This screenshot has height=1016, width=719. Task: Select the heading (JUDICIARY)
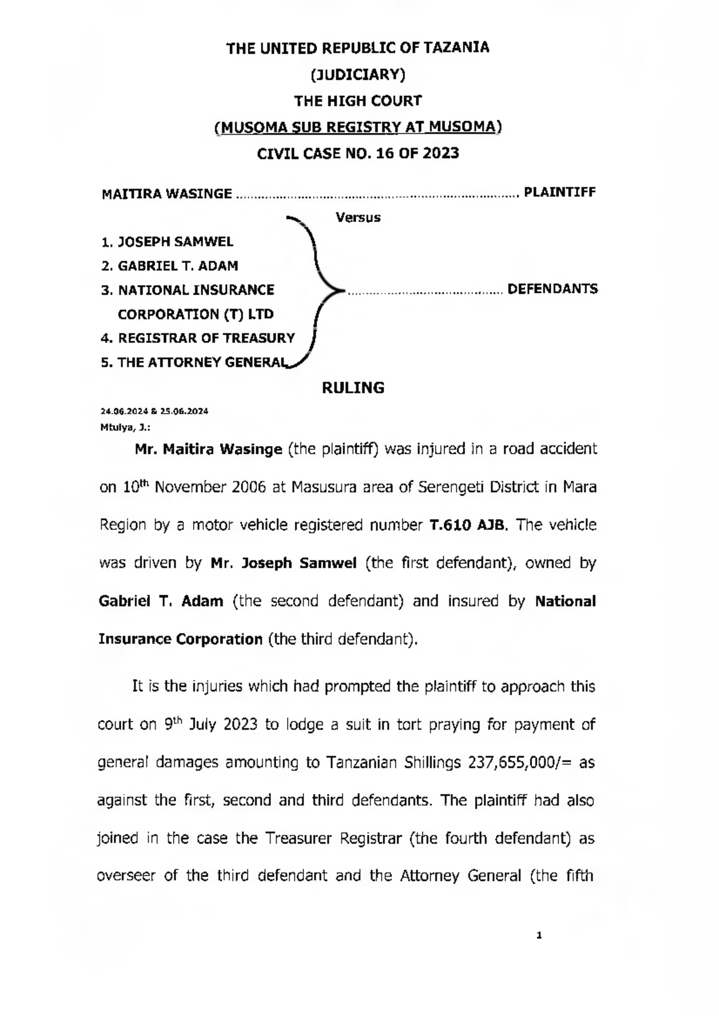(x=358, y=74)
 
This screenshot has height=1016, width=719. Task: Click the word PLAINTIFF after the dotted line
(x=560, y=193)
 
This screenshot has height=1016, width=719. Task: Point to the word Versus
(x=358, y=217)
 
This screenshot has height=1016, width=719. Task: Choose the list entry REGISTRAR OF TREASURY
(x=206, y=338)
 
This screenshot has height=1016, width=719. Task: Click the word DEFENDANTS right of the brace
(x=552, y=289)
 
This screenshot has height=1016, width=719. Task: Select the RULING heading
(x=353, y=388)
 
